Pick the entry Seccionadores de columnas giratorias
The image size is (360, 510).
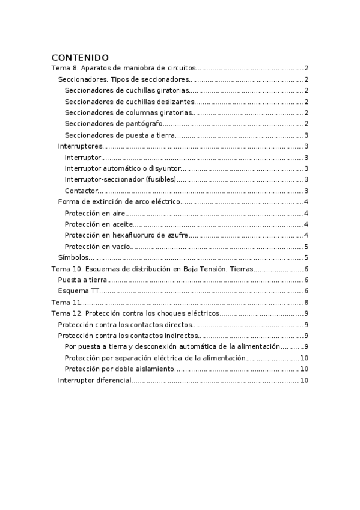[x=128, y=112]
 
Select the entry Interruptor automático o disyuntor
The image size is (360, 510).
[x=122, y=168]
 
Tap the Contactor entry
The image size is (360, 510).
[x=81, y=191]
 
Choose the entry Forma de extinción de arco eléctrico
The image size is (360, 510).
[x=119, y=201]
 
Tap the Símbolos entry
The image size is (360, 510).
[x=69, y=257]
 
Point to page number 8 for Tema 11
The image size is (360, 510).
[x=307, y=302]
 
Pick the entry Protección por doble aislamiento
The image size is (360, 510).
[x=119, y=369]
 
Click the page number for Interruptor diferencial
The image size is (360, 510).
[x=304, y=380]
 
